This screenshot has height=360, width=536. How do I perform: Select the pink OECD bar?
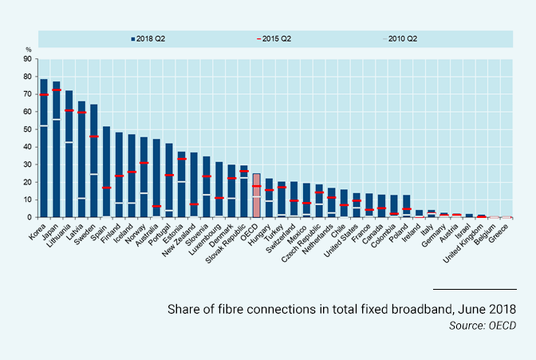tap(256, 196)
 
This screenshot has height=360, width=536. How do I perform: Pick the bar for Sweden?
tap(94, 160)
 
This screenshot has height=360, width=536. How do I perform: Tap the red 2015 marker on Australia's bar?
tap(156, 207)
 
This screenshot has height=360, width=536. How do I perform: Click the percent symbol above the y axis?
tap(28, 50)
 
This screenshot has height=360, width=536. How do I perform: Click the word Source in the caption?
tap(464, 325)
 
